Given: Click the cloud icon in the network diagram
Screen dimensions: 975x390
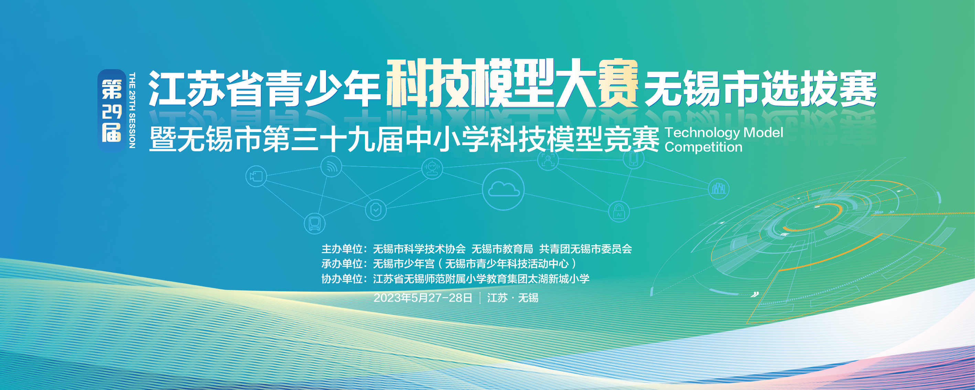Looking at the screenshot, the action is click(x=503, y=188).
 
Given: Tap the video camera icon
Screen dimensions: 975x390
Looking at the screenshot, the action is click(x=256, y=176).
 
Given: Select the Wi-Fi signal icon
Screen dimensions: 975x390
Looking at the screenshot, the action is click(x=331, y=166).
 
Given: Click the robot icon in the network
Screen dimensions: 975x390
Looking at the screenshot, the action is click(x=432, y=169).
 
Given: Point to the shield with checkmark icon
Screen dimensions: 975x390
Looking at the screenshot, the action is click(x=376, y=210).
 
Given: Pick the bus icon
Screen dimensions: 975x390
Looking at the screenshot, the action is click(x=315, y=224).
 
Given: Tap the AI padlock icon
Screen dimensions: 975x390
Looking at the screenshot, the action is click(x=619, y=212).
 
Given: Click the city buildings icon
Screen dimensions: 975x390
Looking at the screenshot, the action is click(x=718, y=188).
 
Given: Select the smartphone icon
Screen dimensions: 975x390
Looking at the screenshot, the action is click(x=633, y=159).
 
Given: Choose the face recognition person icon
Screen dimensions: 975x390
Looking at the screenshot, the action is click(x=548, y=161).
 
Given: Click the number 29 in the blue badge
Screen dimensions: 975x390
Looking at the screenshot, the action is click(x=112, y=111).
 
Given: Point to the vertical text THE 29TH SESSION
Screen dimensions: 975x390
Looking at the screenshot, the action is click(x=132, y=110).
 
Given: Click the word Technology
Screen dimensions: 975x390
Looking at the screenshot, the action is click(x=702, y=133).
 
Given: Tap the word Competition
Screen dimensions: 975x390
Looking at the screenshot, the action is click(x=704, y=147).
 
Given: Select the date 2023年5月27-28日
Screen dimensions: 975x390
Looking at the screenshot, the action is click(x=423, y=297).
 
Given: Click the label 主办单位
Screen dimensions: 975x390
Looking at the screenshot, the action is click(x=342, y=249).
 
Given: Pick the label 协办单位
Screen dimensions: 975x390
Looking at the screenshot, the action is click(x=342, y=279).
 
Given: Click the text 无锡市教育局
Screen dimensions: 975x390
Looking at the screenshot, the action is click(x=502, y=249).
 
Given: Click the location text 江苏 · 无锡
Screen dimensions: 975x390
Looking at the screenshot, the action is click(x=512, y=297).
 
